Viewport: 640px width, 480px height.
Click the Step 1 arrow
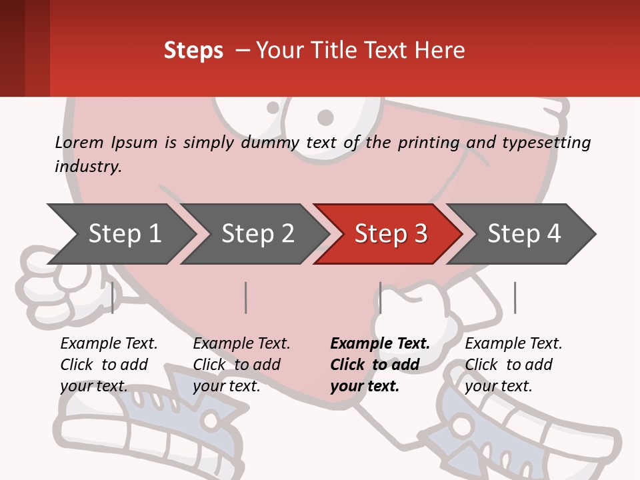click(x=123, y=234)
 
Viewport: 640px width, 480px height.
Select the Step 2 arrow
click(x=257, y=234)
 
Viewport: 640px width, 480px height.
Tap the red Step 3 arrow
click(x=390, y=234)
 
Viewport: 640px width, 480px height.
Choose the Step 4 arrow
click(x=524, y=234)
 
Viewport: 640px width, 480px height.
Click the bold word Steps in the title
click(x=193, y=51)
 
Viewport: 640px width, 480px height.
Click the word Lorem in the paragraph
click(x=79, y=142)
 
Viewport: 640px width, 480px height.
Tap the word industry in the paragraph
click(x=87, y=166)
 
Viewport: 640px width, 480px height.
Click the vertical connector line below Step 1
click(x=112, y=297)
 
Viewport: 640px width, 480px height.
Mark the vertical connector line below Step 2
click(x=246, y=297)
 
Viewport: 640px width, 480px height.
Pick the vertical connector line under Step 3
click(x=380, y=297)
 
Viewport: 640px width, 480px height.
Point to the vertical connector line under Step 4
click(x=515, y=297)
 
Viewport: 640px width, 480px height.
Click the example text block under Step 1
click(x=108, y=365)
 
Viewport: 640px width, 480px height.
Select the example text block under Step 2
click(x=241, y=365)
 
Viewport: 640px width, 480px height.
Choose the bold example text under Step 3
click(x=379, y=365)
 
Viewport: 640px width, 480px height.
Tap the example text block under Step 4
click(x=513, y=365)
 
